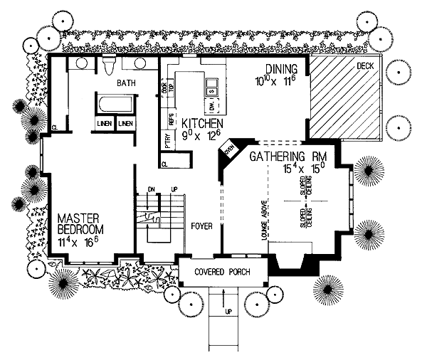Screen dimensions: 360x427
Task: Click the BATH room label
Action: pos(127,83)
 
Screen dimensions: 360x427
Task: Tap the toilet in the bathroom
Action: pos(108,66)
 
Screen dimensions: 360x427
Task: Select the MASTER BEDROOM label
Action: pos(79,223)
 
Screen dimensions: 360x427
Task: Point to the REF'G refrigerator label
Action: pos(171,118)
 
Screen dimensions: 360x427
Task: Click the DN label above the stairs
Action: pos(152,189)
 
